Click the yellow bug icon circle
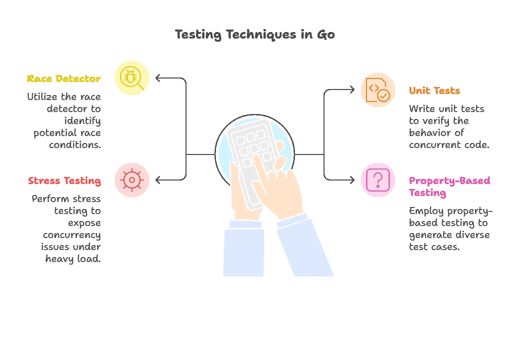tap(131, 77)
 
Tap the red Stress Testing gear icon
tap(131, 179)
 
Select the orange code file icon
tap(377, 90)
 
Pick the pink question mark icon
tap(377, 179)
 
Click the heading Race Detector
tap(64, 79)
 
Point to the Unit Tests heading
tap(434, 91)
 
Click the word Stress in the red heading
tap(43, 180)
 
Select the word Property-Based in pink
tap(449, 181)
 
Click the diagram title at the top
tap(254, 35)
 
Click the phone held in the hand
tap(250, 150)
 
